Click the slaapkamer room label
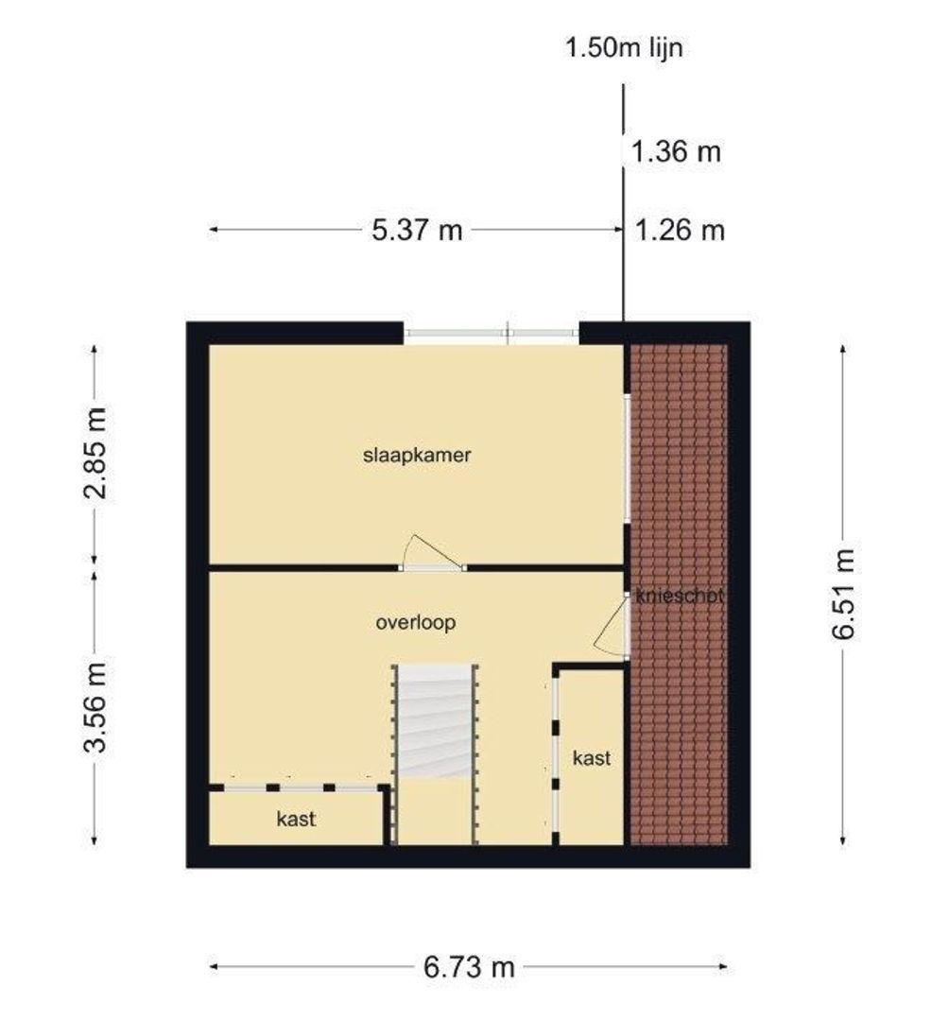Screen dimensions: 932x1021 point(417,455)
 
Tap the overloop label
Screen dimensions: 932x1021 point(416,622)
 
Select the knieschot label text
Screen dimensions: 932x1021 point(679,596)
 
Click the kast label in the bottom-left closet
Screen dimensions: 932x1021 point(296,819)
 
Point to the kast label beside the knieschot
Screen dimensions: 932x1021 point(592,758)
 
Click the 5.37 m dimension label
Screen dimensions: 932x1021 point(417,230)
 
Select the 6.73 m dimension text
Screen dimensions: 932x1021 point(469,967)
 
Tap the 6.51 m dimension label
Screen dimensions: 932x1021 point(843,594)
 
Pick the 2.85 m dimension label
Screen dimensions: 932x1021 point(95,453)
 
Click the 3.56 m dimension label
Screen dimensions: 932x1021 point(95,707)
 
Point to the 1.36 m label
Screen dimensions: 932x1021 point(676,151)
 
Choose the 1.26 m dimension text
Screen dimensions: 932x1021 point(680,231)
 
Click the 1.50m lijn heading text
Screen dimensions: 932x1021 point(624,47)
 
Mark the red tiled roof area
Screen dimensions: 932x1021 point(678,595)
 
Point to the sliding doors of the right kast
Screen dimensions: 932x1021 point(555,754)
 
